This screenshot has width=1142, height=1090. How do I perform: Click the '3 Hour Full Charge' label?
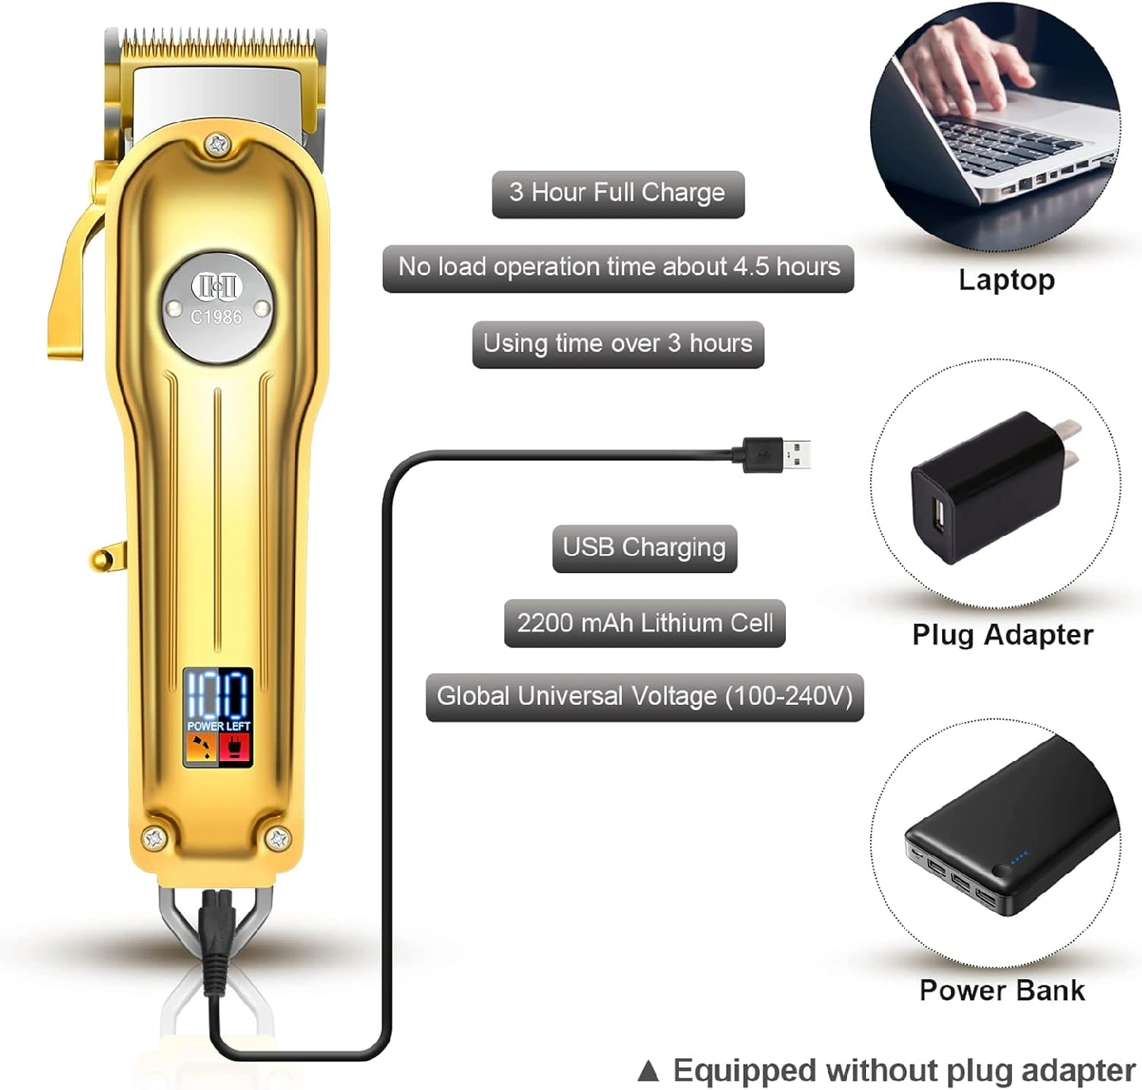tap(618, 193)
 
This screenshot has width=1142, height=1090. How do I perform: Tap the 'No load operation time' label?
tap(618, 268)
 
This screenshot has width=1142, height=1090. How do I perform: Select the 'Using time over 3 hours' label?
tap(618, 344)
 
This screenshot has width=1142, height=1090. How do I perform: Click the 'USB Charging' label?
tap(644, 548)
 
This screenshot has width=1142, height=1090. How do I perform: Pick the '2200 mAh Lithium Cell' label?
tap(644, 623)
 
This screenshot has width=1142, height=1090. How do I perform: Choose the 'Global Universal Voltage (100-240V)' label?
tap(644, 697)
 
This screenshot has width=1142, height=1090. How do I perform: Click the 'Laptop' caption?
tap(1006, 280)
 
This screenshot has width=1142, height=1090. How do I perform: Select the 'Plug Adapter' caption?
tap(1002, 635)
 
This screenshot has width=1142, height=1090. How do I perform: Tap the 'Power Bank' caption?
tap(1002, 990)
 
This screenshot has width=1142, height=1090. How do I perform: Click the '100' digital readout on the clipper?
tap(218, 694)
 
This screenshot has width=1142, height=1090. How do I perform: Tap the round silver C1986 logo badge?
tap(217, 308)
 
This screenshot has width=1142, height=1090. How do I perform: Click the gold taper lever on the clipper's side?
tap(75, 270)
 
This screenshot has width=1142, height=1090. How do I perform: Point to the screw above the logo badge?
tap(217, 144)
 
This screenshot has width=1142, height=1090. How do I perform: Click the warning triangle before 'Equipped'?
tap(648, 1072)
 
